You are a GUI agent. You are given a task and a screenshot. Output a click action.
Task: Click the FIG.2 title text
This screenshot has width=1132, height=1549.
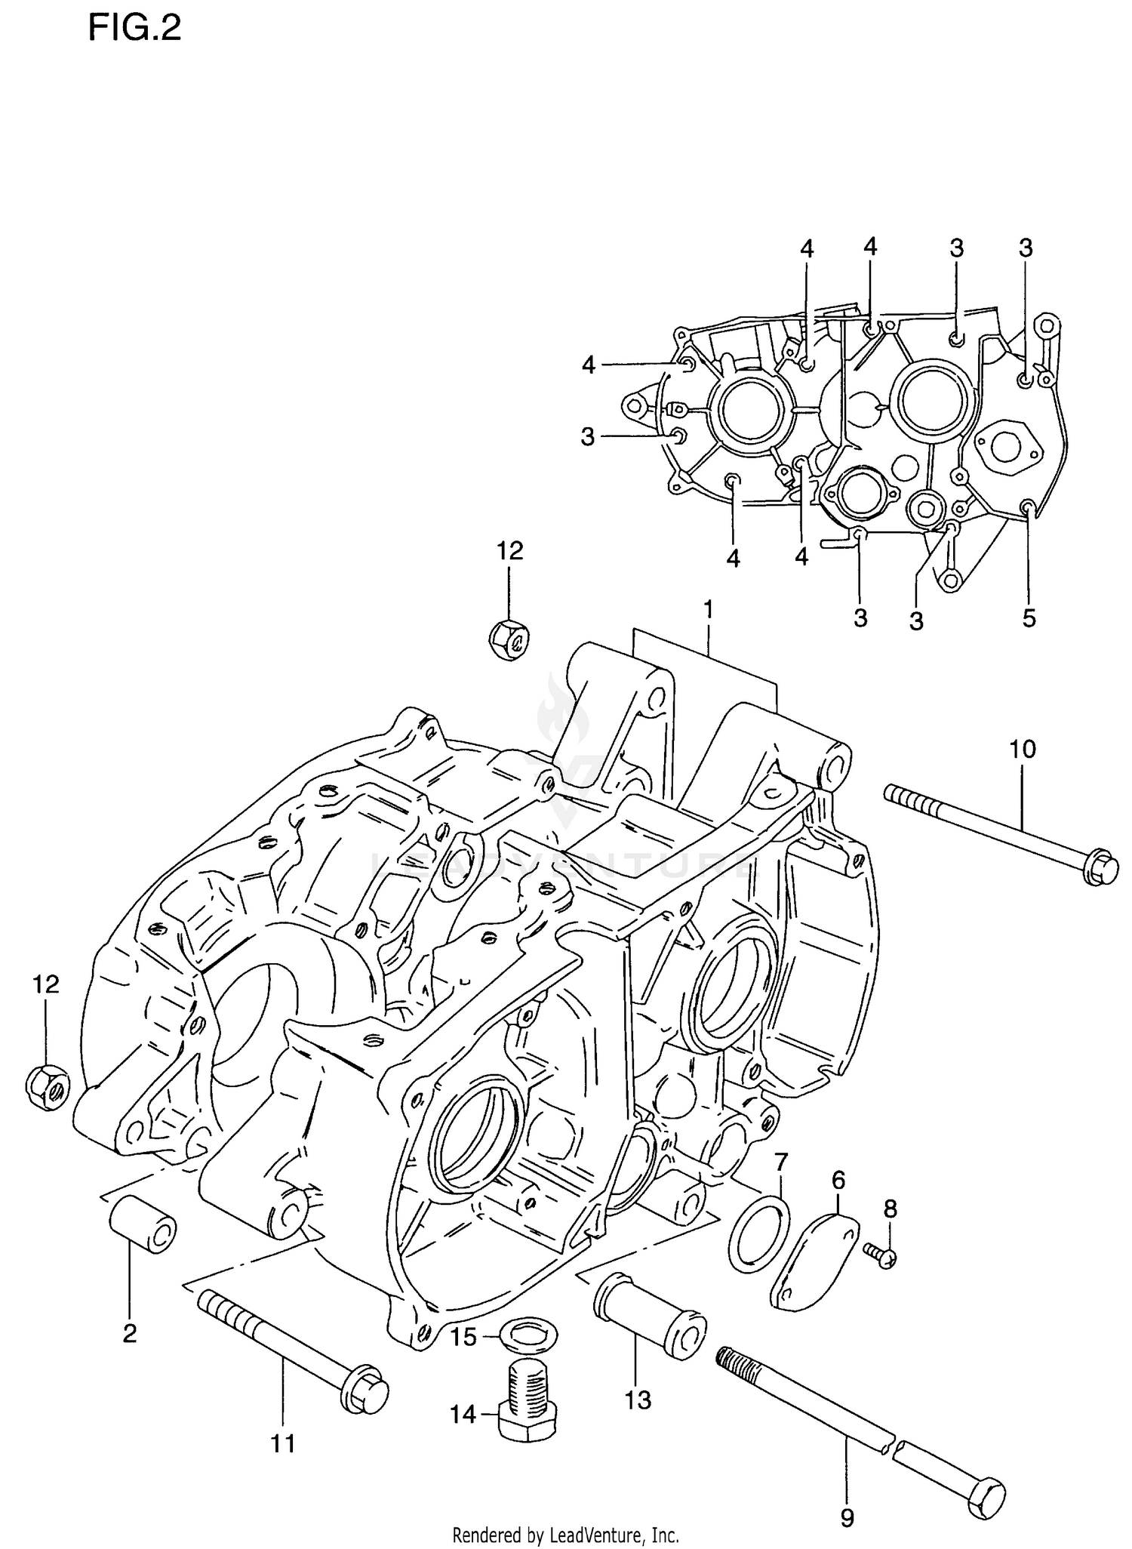(x=134, y=29)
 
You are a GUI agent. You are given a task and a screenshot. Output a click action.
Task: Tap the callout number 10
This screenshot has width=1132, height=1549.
(x=1023, y=749)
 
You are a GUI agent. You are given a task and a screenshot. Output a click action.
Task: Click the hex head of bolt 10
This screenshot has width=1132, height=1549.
(x=1100, y=868)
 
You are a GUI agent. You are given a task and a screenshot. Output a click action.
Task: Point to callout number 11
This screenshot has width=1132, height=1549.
(x=283, y=1444)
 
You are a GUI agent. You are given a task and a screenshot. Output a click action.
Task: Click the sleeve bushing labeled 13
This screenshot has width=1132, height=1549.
(x=651, y=1315)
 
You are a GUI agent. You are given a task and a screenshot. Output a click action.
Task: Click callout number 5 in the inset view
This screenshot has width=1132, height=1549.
(x=1029, y=618)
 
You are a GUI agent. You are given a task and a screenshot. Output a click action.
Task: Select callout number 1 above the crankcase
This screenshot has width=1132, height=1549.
(x=708, y=608)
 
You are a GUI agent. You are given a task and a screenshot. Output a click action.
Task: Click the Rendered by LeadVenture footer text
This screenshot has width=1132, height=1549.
(x=565, y=1535)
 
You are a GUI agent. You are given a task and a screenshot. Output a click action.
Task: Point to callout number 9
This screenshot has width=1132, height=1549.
(x=847, y=1517)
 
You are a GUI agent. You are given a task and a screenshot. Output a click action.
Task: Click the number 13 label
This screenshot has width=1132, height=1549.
(x=638, y=1400)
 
